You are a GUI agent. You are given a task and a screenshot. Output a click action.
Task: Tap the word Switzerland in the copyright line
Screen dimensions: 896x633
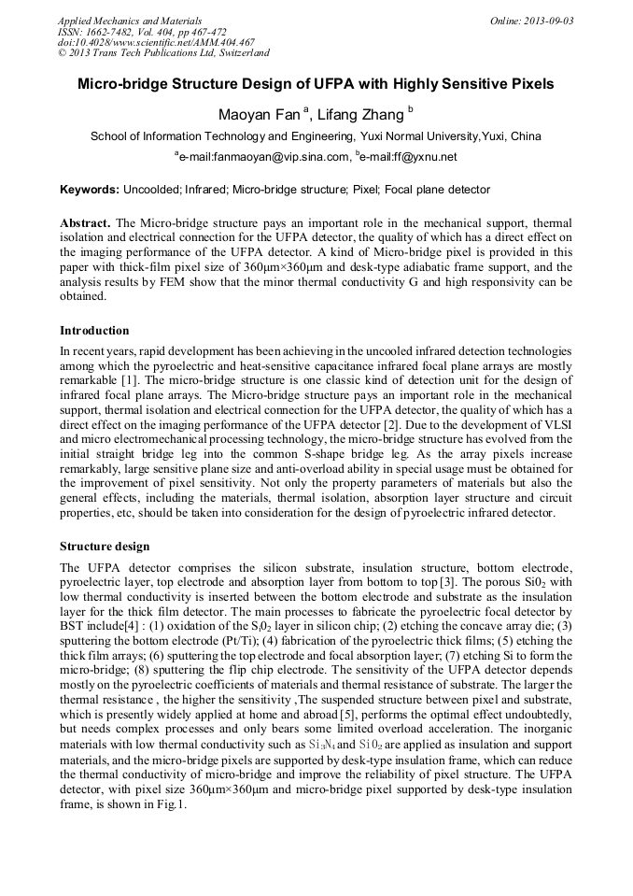pos(236,53)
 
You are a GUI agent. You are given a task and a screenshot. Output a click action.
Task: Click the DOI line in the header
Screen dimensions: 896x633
pos(156,42)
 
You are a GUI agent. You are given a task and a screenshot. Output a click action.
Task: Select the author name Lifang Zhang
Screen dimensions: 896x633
pos(356,115)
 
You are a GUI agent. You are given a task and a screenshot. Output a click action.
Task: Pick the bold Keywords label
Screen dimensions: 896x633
pos(89,190)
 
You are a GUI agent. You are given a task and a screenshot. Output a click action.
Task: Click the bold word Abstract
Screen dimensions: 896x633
pos(85,224)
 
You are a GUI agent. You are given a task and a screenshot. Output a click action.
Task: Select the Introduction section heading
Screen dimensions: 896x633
pos(94,331)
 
